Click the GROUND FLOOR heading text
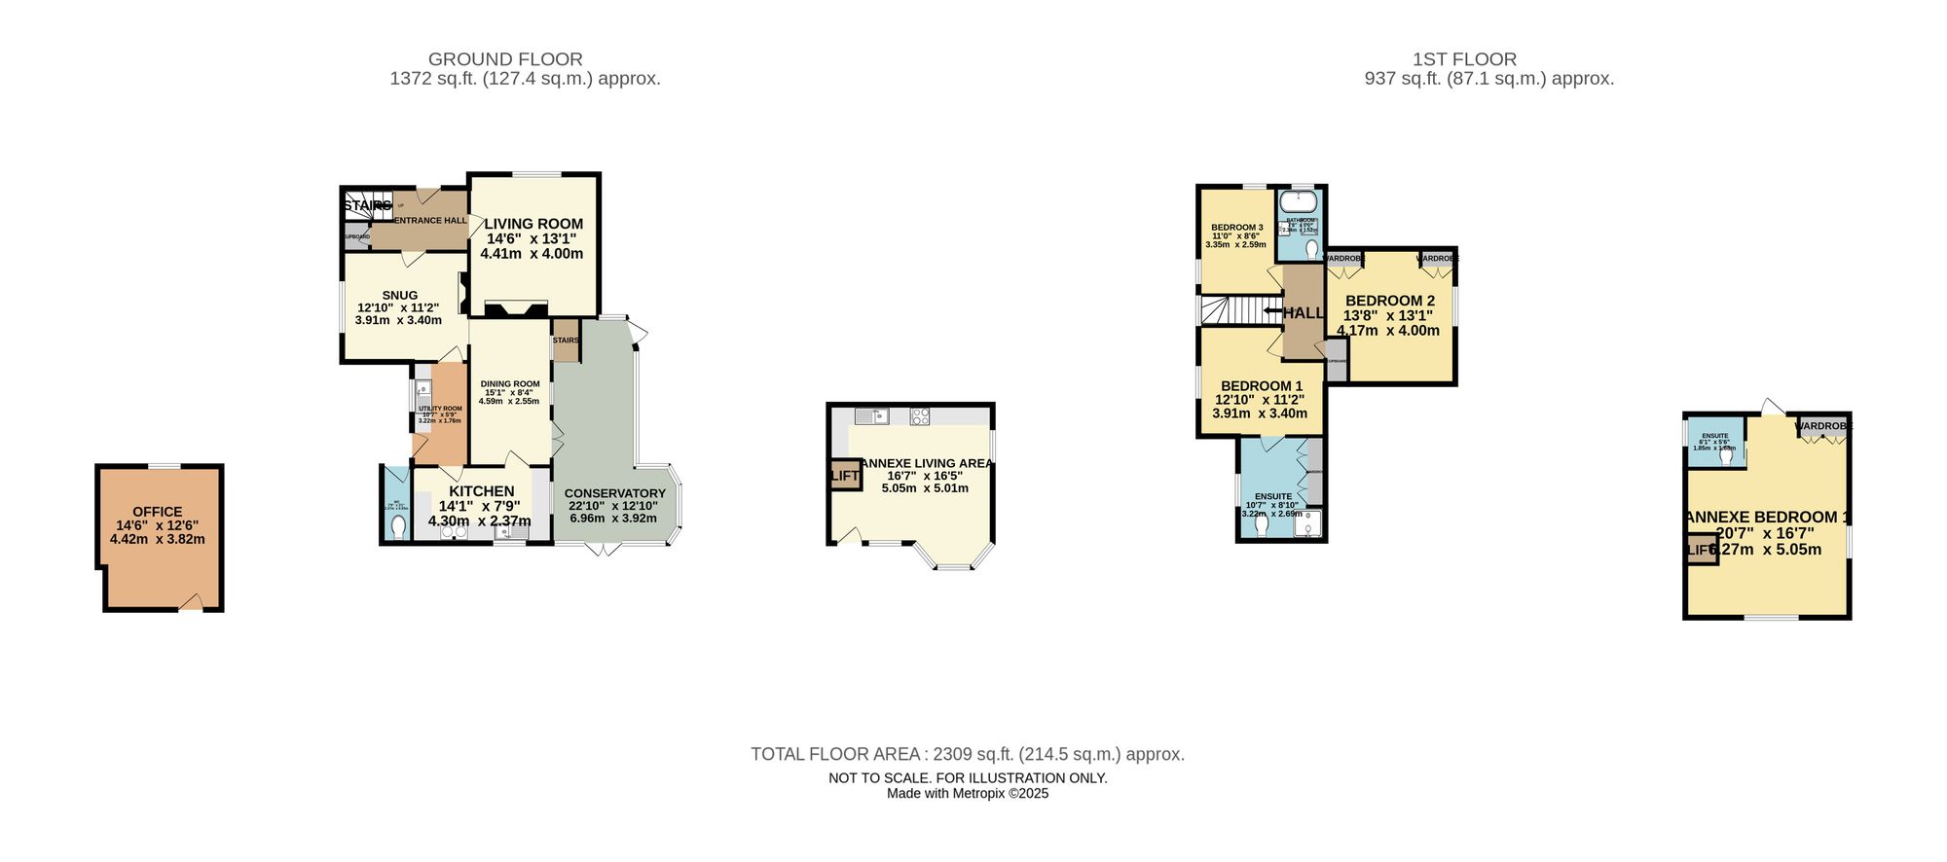pyautogui.click(x=505, y=59)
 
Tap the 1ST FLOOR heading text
pyautogui.click(x=1464, y=59)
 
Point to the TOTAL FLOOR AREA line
pyautogui.click(x=967, y=754)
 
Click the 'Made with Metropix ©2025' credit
pyautogui.click(x=967, y=794)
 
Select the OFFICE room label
pyautogui.click(x=158, y=512)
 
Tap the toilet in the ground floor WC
pyautogui.click(x=397, y=526)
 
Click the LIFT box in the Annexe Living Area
pyautogui.click(x=845, y=475)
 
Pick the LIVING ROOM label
pyautogui.click(x=533, y=224)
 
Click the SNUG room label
pyautogui.click(x=399, y=295)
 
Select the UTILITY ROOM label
pyautogui.click(x=440, y=409)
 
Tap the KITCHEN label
pyautogui.click(x=481, y=491)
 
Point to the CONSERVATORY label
pyautogui.click(x=614, y=493)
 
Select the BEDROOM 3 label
pyautogui.click(x=1236, y=228)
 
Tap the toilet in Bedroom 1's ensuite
pyautogui.click(x=1263, y=524)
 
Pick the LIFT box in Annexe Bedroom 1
pyautogui.click(x=1700, y=549)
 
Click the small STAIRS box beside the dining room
pyautogui.click(x=566, y=341)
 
